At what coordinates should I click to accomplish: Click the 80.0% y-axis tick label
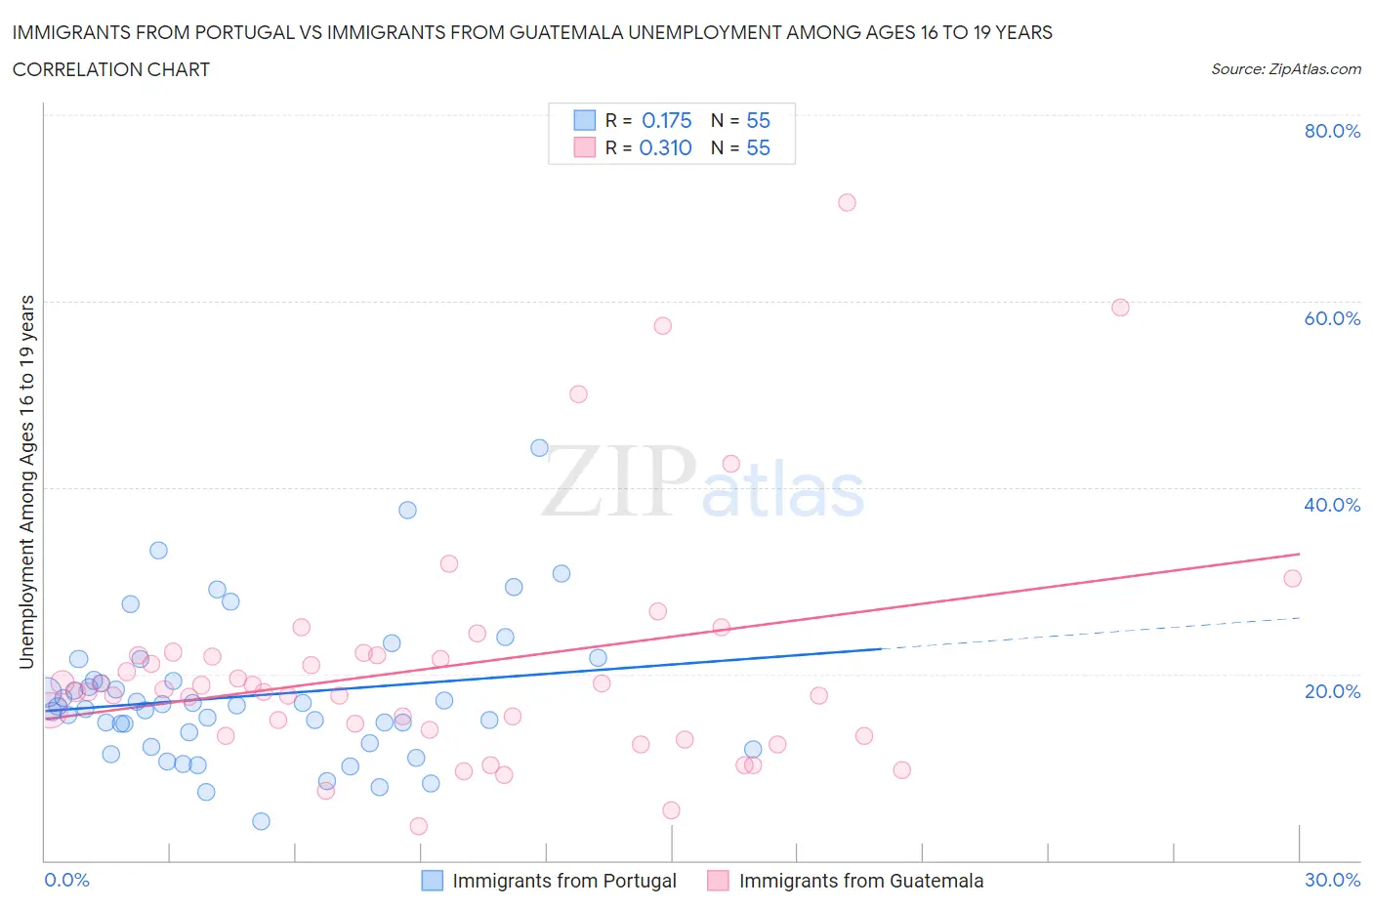(x=1332, y=131)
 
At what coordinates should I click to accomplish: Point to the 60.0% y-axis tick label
(x=1332, y=318)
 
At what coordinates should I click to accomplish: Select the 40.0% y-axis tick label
(x=1332, y=505)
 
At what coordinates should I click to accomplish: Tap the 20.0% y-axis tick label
(x=1332, y=691)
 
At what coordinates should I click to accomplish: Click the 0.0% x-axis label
(x=66, y=880)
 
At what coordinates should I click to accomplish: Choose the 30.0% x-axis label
(x=1332, y=880)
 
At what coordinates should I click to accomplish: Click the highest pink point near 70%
(x=847, y=202)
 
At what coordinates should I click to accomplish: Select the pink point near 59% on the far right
(x=1120, y=308)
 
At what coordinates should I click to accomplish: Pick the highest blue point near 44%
(x=539, y=448)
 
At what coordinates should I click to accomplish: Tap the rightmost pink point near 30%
(x=1292, y=578)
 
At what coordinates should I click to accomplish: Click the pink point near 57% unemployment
(x=663, y=326)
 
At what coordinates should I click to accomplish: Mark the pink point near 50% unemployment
(x=578, y=394)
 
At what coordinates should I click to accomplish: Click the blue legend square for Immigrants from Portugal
(x=432, y=881)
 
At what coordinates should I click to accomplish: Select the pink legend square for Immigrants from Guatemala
(x=718, y=881)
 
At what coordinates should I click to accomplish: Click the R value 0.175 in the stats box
(x=666, y=120)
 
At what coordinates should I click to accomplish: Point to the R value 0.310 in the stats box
(x=665, y=147)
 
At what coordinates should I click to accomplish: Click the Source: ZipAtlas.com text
(x=1285, y=69)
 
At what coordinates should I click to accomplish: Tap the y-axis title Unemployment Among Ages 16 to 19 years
(x=27, y=481)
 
